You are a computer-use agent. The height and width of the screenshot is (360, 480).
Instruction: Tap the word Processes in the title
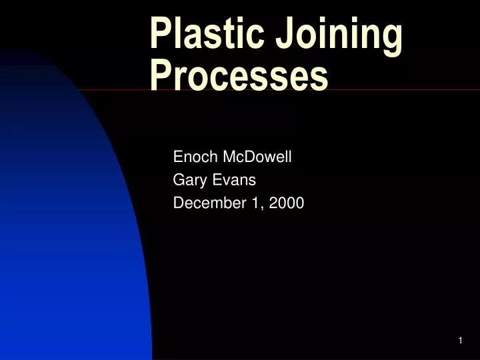tap(239, 75)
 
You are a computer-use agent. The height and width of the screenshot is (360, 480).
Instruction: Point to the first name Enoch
tap(192, 157)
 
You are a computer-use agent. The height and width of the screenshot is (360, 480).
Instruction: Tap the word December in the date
tap(207, 203)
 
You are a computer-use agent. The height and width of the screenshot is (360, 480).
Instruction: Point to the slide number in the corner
tap(460, 341)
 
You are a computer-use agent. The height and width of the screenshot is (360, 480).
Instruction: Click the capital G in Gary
tap(179, 180)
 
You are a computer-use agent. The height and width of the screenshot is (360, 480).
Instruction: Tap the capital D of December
tap(178, 203)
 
